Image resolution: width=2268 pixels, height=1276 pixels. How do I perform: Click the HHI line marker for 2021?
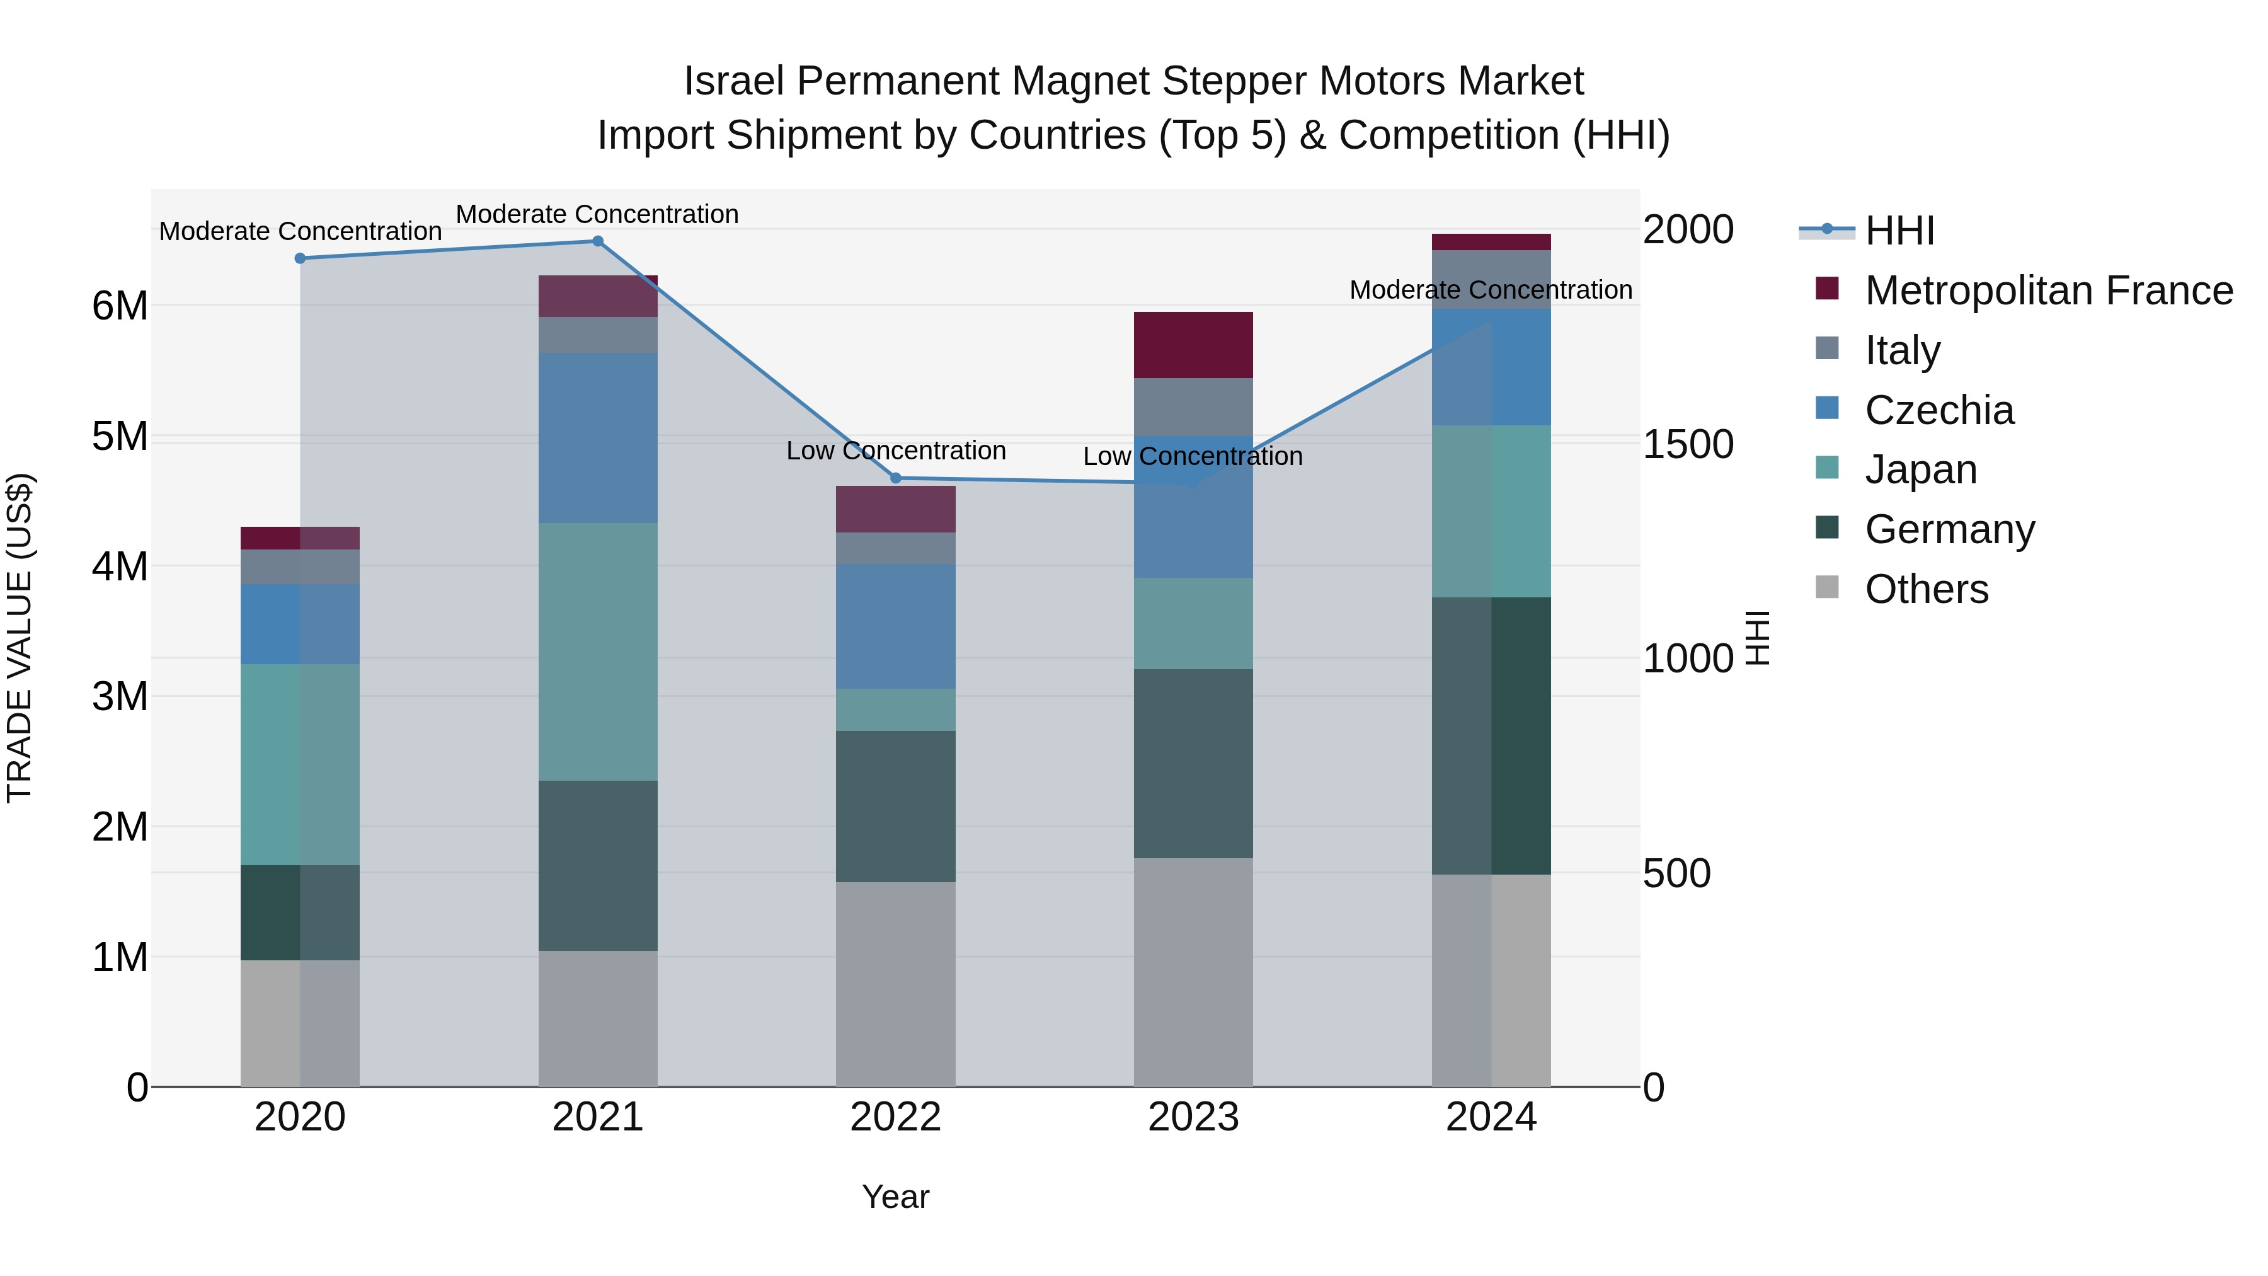point(597,241)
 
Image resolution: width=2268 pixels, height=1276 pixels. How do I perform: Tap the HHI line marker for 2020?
point(301,258)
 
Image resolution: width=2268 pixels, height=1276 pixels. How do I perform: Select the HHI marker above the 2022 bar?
point(896,478)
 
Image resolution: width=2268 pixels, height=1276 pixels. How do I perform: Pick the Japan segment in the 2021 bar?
point(598,652)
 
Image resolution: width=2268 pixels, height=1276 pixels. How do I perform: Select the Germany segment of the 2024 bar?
point(1491,735)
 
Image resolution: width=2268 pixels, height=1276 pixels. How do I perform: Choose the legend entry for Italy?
point(1902,350)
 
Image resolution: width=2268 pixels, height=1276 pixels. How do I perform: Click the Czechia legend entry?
point(1939,410)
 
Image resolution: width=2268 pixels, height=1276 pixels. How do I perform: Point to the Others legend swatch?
point(1827,587)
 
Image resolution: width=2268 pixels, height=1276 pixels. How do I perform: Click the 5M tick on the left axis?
point(120,437)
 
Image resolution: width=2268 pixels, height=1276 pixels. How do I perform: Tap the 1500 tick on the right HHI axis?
point(1688,445)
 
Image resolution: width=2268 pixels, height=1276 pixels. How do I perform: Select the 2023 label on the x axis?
point(1193,1117)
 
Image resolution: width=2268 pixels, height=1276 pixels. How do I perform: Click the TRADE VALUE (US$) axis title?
point(20,638)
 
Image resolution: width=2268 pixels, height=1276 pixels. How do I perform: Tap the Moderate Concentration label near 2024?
point(1491,290)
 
